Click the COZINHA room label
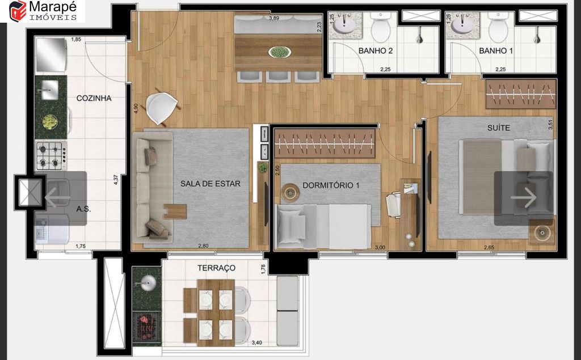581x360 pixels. [x=94, y=98]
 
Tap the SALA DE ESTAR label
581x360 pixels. [x=210, y=184]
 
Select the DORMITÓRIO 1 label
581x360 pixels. [x=331, y=185]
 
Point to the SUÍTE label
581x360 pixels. [x=498, y=128]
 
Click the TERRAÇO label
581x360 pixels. [x=216, y=268]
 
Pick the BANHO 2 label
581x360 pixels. [x=376, y=51]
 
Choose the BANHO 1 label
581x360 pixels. [x=496, y=51]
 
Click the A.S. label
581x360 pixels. [x=83, y=209]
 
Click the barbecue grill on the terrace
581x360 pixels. [x=147, y=327]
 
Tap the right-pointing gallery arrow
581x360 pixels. [x=523, y=198]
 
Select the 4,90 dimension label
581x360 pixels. [x=136, y=108]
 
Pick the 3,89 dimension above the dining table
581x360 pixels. [x=274, y=18]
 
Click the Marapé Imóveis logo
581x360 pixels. [x=43, y=11]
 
